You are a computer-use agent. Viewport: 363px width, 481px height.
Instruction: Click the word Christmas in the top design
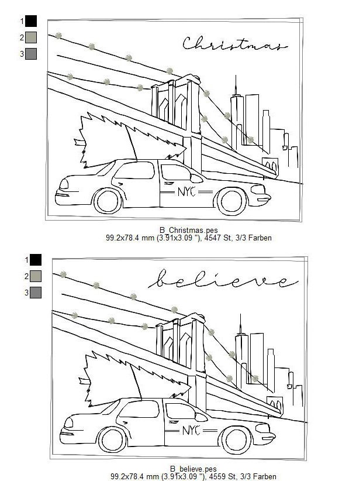pyautogui.click(x=235, y=44)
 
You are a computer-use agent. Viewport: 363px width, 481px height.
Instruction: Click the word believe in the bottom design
pyautogui.click(x=223, y=280)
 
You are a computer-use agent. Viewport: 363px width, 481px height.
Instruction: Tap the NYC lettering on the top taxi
pyautogui.click(x=186, y=192)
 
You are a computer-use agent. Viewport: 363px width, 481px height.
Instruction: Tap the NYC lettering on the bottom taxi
pyautogui.click(x=191, y=431)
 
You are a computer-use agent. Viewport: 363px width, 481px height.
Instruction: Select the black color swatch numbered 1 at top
pyautogui.click(x=31, y=21)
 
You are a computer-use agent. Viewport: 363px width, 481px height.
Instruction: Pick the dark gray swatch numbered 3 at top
pyautogui.click(x=31, y=54)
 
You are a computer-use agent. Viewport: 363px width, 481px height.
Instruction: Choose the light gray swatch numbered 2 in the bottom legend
pyautogui.click(x=36, y=276)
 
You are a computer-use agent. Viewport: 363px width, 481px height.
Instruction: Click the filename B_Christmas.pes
pyautogui.click(x=188, y=230)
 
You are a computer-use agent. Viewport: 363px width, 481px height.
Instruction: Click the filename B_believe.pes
pyautogui.click(x=193, y=469)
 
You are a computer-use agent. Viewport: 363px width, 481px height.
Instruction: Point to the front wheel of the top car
pyautogui.click(x=231, y=201)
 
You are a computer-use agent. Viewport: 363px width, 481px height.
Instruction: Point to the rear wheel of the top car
pyautogui.click(x=108, y=201)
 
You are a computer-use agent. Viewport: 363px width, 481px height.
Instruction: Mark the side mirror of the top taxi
pyautogui.click(x=196, y=178)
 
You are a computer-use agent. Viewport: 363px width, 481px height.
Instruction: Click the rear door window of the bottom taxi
pyautogui.click(x=139, y=409)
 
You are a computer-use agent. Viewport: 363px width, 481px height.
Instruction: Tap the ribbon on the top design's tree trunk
pyautogui.click(x=79, y=142)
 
